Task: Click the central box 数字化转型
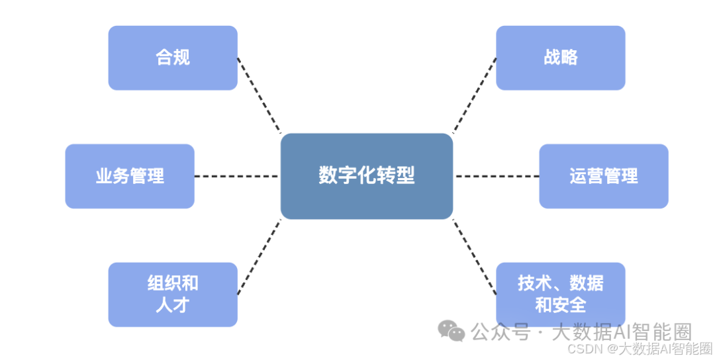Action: [x=366, y=176]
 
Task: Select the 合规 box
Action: [x=172, y=58]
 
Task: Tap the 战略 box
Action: [x=560, y=58]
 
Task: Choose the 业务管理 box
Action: [x=130, y=176]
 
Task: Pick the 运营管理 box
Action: [x=603, y=176]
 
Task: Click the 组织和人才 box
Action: [x=172, y=294]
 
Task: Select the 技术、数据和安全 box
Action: [x=560, y=294]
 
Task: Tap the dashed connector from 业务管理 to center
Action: [x=236, y=176]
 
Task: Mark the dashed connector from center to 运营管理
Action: [x=497, y=176]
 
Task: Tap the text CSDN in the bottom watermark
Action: [x=586, y=349]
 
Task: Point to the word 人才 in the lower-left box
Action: [x=172, y=305]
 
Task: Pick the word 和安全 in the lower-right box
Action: [x=560, y=305]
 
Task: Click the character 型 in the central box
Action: [x=405, y=176]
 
